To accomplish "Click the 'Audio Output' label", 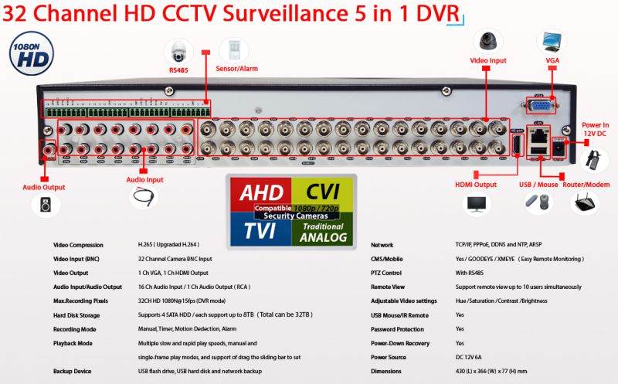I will click(42, 186).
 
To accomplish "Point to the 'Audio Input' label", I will click(144, 179).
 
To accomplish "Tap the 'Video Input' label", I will click(488, 60).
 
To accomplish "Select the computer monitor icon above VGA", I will click(552, 41).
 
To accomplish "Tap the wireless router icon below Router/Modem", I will click(586, 204).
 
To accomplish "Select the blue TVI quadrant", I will click(260, 229).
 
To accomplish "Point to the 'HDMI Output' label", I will click(475, 185).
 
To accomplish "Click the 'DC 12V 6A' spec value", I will click(472, 358).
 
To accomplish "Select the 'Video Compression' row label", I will click(78, 245).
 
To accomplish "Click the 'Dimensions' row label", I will click(385, 372).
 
